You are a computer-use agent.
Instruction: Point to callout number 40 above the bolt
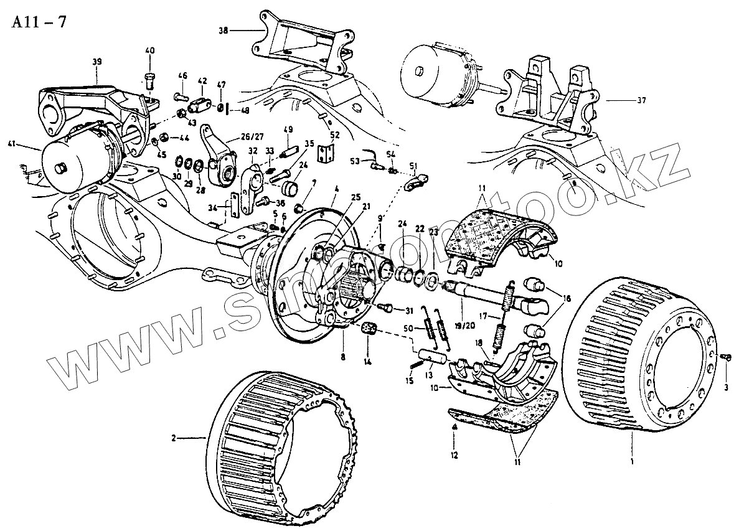pyautogui.click(x=149, y=50)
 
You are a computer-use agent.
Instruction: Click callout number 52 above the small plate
pyautogui.click(x=334, y=135)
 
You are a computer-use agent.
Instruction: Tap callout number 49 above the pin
pyautogui.click(x=288, y=129)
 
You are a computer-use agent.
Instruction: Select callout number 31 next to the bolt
pyautogui.click(x=408, y=311)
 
